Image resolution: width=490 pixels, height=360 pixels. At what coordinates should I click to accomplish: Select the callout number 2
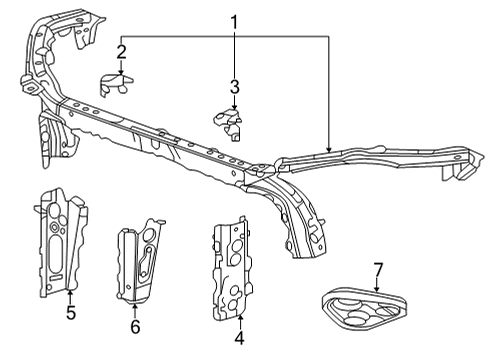pos(121,51)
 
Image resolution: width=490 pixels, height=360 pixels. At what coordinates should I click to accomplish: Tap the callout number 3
pos(234,87)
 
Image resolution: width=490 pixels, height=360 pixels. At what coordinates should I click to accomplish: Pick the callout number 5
pos(70,313)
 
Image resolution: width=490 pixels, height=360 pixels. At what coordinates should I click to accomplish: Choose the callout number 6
pos(136,326)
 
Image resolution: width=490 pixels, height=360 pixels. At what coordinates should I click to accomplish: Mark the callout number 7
pos(378,270)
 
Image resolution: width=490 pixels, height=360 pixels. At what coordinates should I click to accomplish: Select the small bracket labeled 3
pos(230,124)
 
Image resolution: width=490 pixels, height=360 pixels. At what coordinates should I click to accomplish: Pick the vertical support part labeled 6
pos(139,263)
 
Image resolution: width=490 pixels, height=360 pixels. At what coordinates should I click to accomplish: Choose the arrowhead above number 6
pos(136,304)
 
